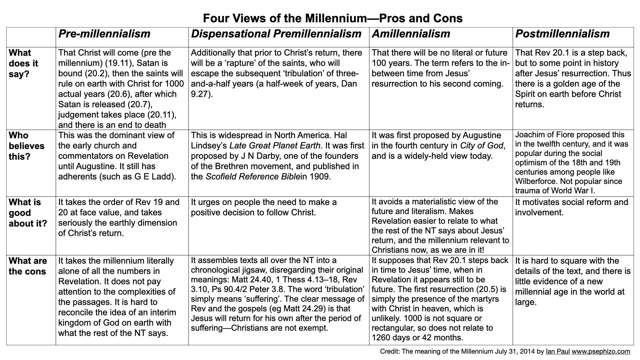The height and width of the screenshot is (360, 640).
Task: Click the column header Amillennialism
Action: click(x=411, y=34)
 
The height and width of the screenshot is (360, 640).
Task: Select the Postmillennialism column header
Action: click(x=562, y=34)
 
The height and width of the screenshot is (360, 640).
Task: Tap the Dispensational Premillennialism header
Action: click(x=276, y=34)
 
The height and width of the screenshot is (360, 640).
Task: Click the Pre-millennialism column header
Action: click(x=104, y=34)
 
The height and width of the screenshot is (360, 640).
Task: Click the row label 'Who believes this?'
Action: click(x=26, y=146)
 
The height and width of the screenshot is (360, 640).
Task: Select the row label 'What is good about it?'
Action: click(x=28, y=213)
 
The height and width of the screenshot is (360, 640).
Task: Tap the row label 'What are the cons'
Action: click(x=28, y=266)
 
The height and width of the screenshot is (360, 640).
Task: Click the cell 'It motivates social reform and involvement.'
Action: click(x=571, y=207)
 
